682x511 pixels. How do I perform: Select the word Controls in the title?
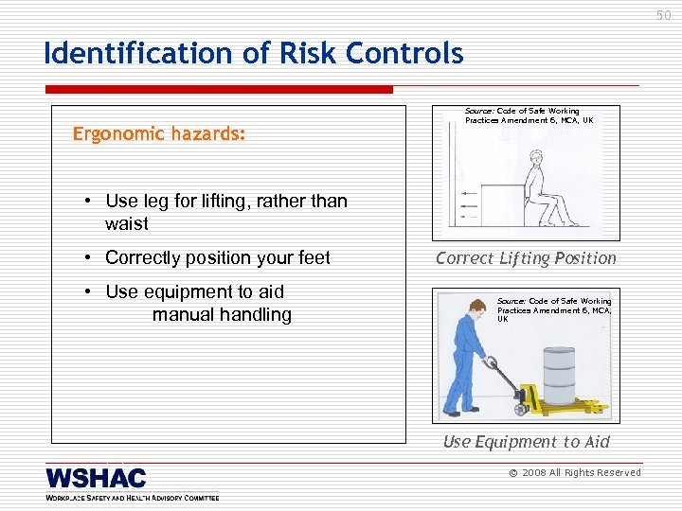point(407,53)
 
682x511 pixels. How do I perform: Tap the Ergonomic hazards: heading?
point(159,134)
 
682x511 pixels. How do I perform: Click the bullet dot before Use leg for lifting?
point(86,202)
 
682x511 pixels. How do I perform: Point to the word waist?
point(127,224)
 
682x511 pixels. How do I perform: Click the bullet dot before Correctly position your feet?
point(86,258)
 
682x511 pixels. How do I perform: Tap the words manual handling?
point(222,314)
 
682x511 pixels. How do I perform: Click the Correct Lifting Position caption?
point(526,258)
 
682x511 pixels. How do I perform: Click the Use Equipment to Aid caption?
point(526,442)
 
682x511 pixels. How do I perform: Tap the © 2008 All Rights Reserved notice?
point(575,472)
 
